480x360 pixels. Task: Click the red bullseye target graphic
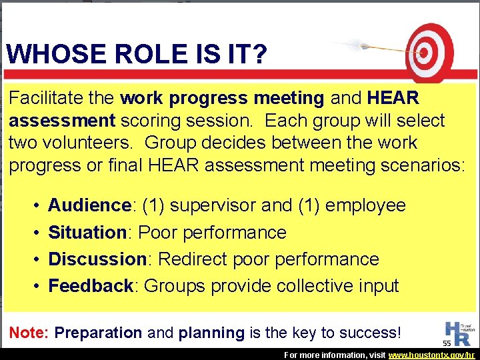click(x=427, y=51)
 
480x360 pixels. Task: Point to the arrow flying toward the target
click(x=373, y=48)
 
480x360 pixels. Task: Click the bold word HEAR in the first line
click(x=393, y=99)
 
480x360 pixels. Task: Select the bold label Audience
click(x=89, y=205)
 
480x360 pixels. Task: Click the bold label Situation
click(x=87, y=233)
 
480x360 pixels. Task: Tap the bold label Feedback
click(x=91, y=286)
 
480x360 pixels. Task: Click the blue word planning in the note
click(x=212, y=333)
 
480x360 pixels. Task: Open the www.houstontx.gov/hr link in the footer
click(x=433, y=355)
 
